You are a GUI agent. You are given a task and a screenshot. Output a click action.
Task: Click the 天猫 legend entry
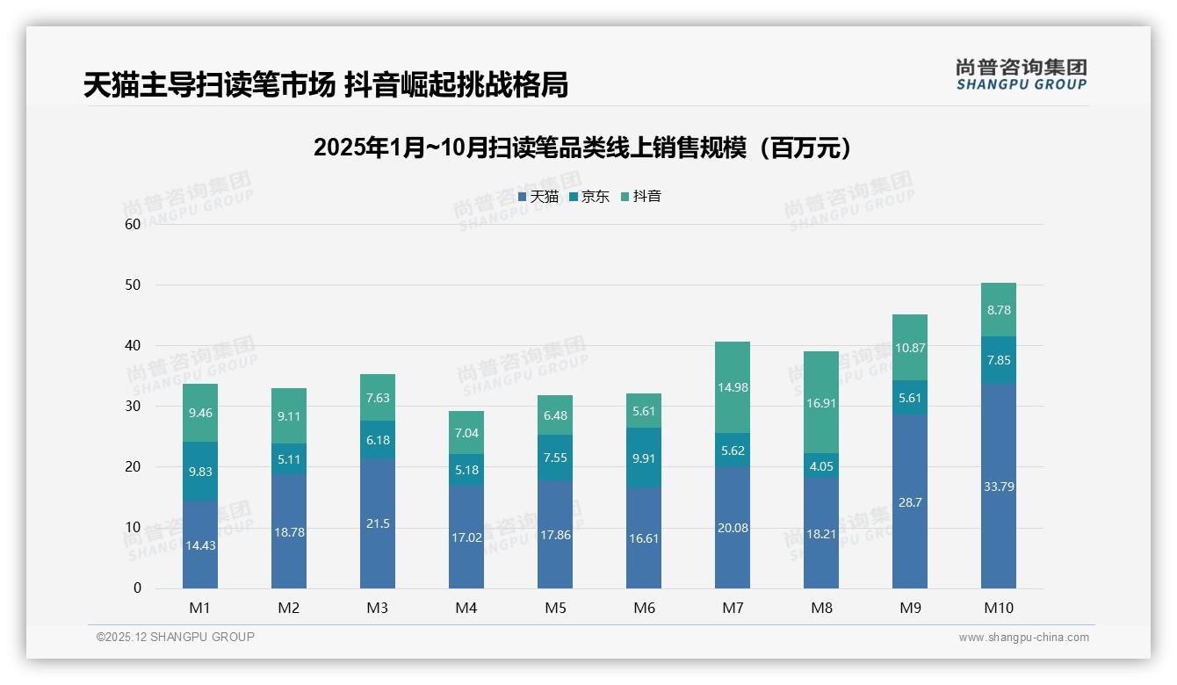point(538,197)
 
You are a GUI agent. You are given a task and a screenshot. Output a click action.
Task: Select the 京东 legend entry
point(589,197)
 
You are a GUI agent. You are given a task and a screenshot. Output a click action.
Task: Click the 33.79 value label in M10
point(999,487)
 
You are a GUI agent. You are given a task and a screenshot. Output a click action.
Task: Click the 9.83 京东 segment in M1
point(200,472)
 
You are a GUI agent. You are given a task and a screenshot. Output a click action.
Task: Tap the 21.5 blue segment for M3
point(378,523)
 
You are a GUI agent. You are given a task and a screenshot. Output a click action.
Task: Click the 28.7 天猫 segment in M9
point(910,502)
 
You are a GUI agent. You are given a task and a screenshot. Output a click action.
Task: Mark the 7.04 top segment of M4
point(466,433)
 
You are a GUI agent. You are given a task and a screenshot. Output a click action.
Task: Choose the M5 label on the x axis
point(555,608)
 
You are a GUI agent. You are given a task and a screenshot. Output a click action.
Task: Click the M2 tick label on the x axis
point(289,608)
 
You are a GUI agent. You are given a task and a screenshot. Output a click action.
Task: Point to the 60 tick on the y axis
point(133,224)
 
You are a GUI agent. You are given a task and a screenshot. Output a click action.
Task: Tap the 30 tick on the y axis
point(133,406)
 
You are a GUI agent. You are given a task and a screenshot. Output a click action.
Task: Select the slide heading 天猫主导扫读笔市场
point(326,84)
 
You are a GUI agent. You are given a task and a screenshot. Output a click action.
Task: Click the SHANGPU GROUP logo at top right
point(1021,75)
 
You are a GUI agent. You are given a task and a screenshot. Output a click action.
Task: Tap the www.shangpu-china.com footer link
point(1023,638)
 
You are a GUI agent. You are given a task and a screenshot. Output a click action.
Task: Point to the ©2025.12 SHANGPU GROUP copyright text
point(176,637)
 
